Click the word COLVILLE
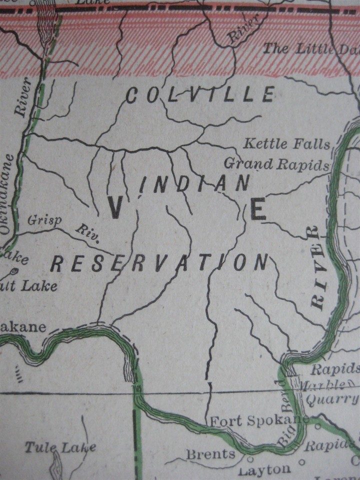[200, 94]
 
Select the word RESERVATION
[160, 262]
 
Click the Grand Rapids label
[276, 163]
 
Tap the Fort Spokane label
[258, 421]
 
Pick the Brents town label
[210, 454]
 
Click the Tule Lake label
[60, 447]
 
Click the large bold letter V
[115, 206]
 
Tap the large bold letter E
[258, 209]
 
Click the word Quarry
[332, 399]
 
